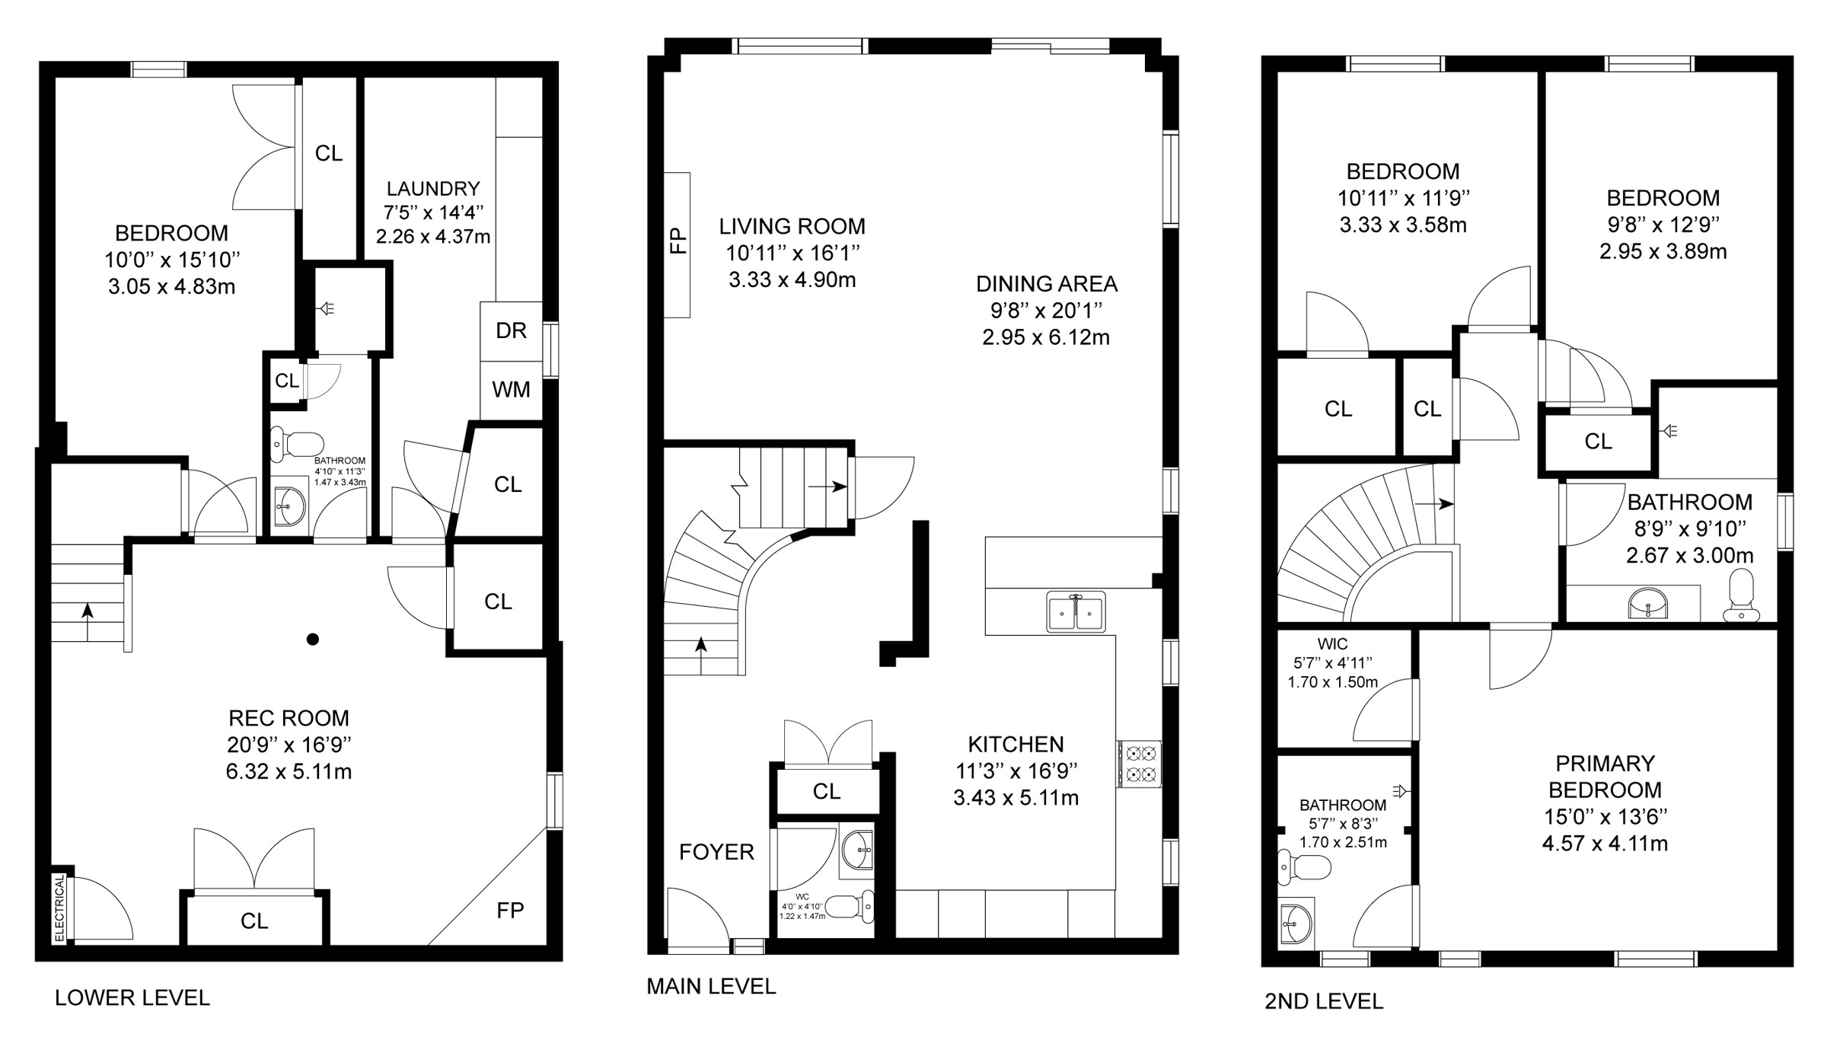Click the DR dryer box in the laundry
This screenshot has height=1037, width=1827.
[511, 331]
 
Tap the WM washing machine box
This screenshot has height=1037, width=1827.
[511, 390]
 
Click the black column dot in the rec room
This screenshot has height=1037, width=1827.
[312, 640]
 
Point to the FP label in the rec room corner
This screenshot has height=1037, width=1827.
[510, 911]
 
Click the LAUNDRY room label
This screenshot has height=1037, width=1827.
[433, 189]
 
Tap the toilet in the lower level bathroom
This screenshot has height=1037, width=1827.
[297, 444]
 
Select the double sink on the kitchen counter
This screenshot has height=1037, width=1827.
[1076, 611]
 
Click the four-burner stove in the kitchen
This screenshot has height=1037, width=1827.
[1140, 764]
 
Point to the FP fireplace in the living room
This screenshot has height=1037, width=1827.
[677, 245]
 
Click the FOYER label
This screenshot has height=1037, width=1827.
[716, 852]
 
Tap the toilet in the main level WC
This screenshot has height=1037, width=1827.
[850, 907]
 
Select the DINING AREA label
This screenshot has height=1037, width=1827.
[1047, 284]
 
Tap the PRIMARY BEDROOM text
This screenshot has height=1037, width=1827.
[1605, 777]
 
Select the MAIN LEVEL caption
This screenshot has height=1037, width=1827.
[711, 987]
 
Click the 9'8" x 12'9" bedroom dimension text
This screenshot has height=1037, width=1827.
[1663, 225]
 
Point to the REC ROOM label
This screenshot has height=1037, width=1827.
[289, 718]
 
